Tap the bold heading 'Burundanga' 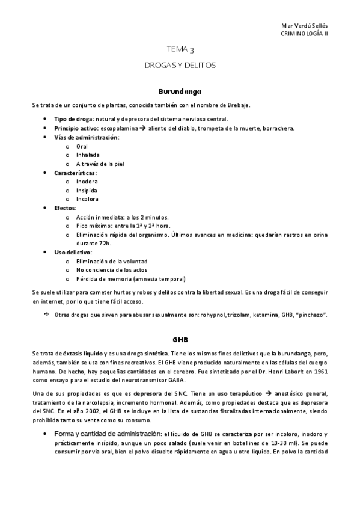tap(179, 92)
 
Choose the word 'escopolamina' tap(120, 128)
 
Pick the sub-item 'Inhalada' tap(88, 155)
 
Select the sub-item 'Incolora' tap(87, 199)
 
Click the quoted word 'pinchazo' tap(311, 315)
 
